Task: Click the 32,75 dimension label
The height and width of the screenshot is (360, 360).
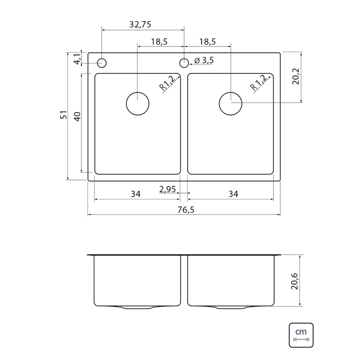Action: click(x=140, y=24)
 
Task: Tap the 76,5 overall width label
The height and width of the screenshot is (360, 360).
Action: click(x=186, y=210)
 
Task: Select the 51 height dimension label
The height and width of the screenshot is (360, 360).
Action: click(x=63, y=115)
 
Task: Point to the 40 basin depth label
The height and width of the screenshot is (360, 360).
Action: click(x=77, y=117)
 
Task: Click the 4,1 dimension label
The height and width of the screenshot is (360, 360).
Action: click(x=77, y=59)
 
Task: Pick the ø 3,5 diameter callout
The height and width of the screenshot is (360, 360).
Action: click(x=204, y=60)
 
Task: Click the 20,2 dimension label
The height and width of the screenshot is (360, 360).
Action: click(x=296, y=76)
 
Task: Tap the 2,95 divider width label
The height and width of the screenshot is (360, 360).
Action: click(x=167, y=189)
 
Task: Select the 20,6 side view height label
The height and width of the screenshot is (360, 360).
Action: click(x=294, y=281)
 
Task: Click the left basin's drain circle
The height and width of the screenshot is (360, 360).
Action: click(x=138, y=93)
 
